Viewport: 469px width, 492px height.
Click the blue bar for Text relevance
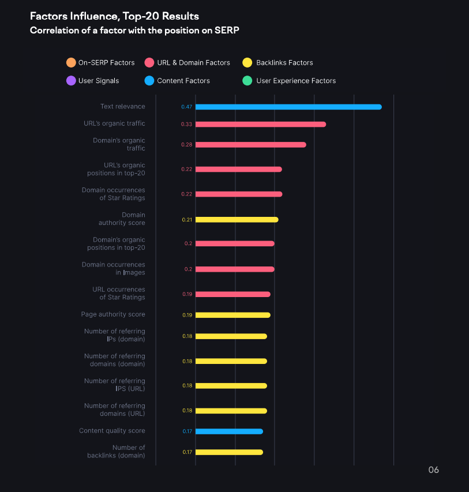(288, 107)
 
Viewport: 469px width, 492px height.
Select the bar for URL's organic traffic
(260, 124)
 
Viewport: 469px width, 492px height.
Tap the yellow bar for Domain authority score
(237, 220)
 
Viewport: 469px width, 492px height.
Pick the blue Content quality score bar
(229, 431)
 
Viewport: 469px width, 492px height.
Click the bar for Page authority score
(232, 315)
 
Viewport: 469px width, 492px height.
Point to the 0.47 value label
(186, 107)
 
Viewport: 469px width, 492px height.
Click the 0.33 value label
(186, 125)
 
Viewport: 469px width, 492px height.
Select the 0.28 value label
(186, 145)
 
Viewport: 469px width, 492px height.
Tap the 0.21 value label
(187, 220)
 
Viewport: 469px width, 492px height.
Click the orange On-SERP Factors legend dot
(70, 62)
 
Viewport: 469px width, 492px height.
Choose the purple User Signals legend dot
(70, 81)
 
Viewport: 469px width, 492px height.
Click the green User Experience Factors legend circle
(247, 81)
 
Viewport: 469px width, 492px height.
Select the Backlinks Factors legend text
(284, 62)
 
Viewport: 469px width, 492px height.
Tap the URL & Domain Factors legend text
(193, 62)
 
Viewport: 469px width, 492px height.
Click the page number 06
(433, 470)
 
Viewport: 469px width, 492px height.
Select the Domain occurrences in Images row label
(114, 269)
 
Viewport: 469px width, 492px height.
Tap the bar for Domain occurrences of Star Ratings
(238, 194)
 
